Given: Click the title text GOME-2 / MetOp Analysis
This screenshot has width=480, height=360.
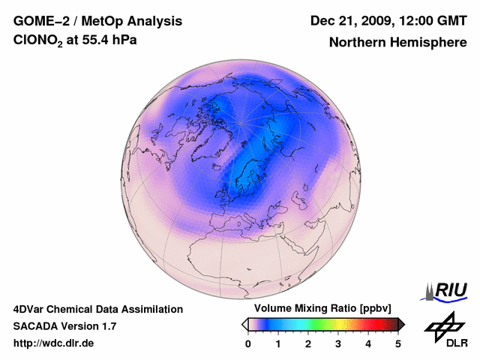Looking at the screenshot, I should [x=76, y=21].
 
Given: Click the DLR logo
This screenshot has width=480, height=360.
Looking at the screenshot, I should [x=445, y=330].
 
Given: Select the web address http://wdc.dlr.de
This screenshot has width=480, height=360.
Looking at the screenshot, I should [x=54, y=343].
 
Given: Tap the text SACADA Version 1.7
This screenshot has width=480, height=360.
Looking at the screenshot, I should [x=64, y=326].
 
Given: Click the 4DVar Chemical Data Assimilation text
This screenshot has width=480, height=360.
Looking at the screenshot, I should [x=97, y=309].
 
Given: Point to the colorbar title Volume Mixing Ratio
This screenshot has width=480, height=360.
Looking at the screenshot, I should [x=309, y=309].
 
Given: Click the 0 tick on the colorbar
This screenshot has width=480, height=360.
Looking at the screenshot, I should [x=248, y=343].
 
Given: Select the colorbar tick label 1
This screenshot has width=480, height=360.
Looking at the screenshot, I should [x=278, y=343].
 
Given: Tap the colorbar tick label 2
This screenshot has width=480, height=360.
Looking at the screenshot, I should [x=308, y=343].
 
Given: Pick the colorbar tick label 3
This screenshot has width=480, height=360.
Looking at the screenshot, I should [x=338, y=343].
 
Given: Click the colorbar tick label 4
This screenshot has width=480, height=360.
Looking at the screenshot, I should [x=368, y=343].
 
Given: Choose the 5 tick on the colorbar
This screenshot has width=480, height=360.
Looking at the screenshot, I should [x=398, y=343].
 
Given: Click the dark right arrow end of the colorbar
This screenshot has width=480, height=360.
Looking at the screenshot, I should [x=402, y=324].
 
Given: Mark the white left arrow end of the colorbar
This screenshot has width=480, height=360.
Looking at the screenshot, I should [x=244, y=324].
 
